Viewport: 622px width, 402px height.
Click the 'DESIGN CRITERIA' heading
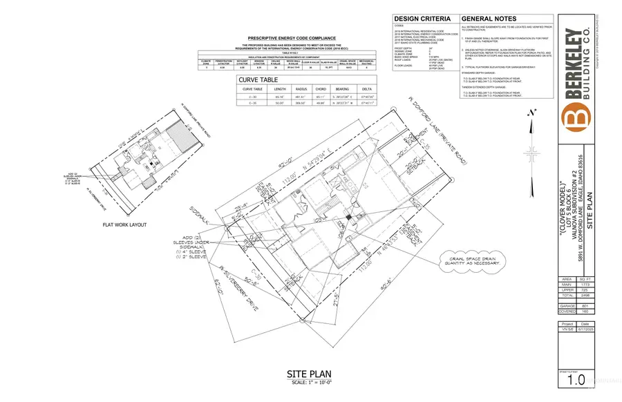click(422, 19)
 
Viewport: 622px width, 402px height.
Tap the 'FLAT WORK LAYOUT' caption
click(126, 224)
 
